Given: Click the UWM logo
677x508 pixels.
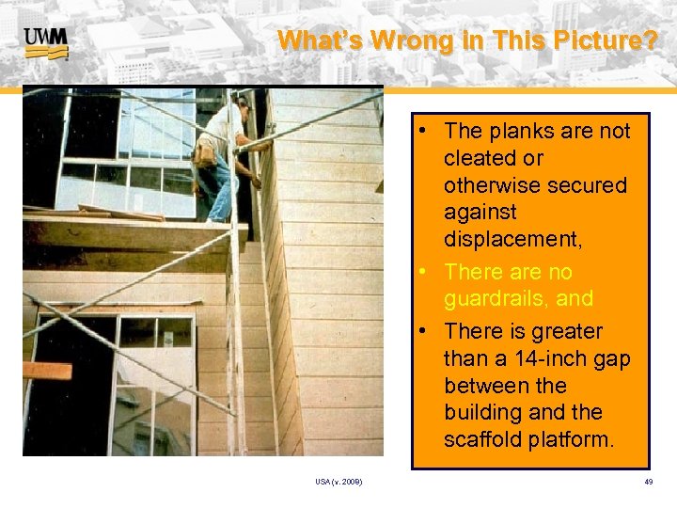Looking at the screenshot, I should click(x=45, y=42).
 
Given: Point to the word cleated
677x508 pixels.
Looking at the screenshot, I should click(x=480, y=158).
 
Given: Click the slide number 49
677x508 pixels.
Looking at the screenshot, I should click(x=649, y=483).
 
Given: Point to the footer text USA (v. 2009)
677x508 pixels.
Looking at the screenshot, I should click(x=339, y=483).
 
